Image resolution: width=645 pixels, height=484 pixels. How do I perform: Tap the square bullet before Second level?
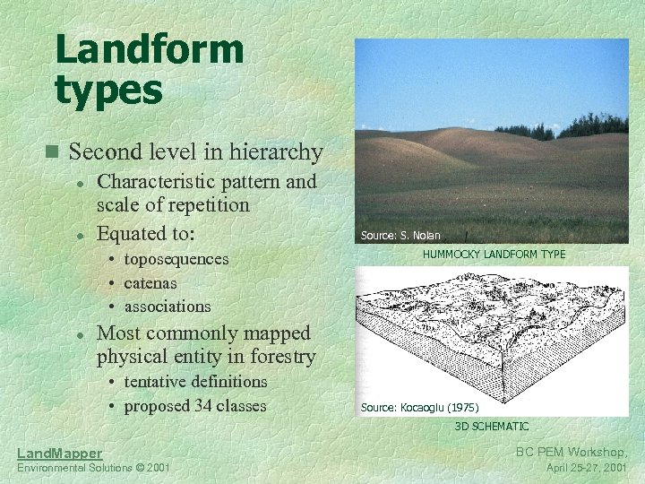click(x=56, y=151)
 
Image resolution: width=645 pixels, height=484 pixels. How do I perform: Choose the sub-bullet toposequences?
click(x=176, y=259)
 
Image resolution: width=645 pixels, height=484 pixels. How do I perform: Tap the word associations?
click(x=168, y=307)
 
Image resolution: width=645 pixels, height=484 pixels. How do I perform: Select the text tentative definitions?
click(x=195, y=381)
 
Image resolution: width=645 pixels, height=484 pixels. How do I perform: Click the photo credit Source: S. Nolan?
click(x=400, y=236)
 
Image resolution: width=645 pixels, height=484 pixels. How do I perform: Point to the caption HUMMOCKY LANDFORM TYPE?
click(x=494, y=255)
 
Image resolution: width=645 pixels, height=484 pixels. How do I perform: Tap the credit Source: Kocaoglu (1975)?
click(x=419, y=407)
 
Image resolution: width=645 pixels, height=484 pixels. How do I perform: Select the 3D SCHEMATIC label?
click(x=492, y=427)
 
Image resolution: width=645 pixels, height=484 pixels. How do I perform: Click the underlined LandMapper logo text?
click(x=60, y=454)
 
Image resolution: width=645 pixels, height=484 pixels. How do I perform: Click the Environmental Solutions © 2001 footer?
click(x=93, y=469)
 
